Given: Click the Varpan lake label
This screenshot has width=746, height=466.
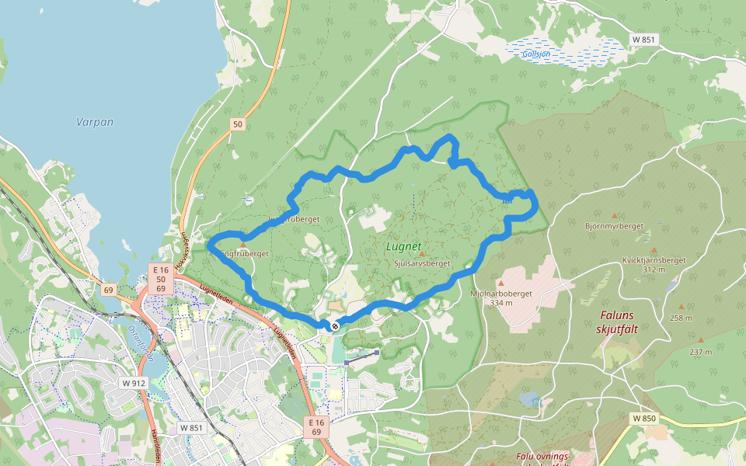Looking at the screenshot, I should pyautogui.click(x=95, y=122).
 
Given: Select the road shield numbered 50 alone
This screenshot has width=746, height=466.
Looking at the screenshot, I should pyautogui.click(x=237, y=124).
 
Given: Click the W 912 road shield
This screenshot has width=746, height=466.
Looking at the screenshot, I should pyautogui.click(x=134, y=383).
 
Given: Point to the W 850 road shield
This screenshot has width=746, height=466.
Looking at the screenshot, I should pyautogui.click(x=644, y=419).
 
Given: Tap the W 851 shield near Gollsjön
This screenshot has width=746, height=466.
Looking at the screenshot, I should pyautogui.click(x=644, y=39).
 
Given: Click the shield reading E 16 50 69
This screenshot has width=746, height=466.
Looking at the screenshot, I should pyautogui.click(x=160, y=278).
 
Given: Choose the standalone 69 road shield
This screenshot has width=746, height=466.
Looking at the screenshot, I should pyautogui.click(x=107, y=290).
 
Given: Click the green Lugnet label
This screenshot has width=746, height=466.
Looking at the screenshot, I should pyautogui.click(x=404, y=247).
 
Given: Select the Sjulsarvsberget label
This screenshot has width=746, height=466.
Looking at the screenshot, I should pyautogui.click(x=422, y=263).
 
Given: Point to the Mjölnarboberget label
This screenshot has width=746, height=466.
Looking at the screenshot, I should pyautogui.click(x=500, y=294).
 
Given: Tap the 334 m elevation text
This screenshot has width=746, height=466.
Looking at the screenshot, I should pyautogui.click(x=502, y=303).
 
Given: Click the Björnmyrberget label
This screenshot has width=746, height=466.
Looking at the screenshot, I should pyautogui.click(x=614, y=226).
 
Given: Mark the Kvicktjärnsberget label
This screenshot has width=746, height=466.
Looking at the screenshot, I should pyautogui.click(x=654, y=260).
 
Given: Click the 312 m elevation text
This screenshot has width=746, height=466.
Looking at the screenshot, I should pyautogui.click(x=654, y=270).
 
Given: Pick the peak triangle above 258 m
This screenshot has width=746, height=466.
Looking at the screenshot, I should pyautogui.click(x=682, y=307).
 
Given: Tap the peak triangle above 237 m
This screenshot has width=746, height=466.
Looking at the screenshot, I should pyautogui.click(x=700, y=340).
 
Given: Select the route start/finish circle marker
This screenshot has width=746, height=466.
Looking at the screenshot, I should pyautogui.click(x=334, y=326).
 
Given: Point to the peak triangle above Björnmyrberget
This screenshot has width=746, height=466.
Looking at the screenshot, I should pyautogui.click(x=615, y=216).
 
